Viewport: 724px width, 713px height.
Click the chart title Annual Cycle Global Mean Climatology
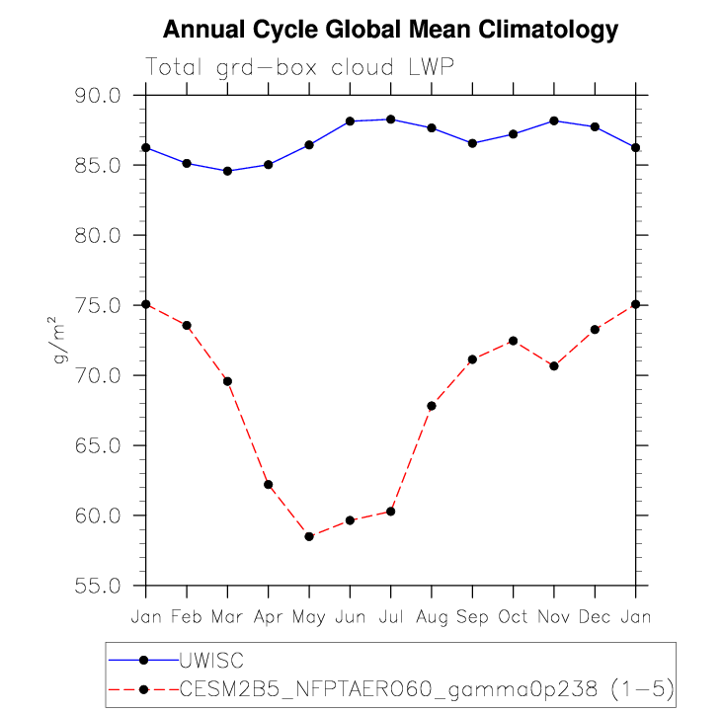pyautogui.click(x=390, y=30)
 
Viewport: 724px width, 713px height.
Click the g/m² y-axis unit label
pyautogui.click(x=61, y=340)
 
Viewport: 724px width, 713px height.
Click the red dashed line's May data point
pyautogui.click(x=309, y=536)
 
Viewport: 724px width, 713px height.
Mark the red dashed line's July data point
pyautogui.click(x=391, y=511)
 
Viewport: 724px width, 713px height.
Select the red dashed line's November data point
pyautogui.click(x=554, y=366)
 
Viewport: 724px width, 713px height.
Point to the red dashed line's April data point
pyautogui.click(x=269, y=484)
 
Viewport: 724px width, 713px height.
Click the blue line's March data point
pyautogui.click(x=227, y=171)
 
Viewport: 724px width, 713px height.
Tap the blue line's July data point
pyautogui.click(x=391, y=119)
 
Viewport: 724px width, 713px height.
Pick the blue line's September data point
pyautogui.click(x=472, y=143)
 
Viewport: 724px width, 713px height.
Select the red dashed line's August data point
pyautogui.click(x=432, y=406)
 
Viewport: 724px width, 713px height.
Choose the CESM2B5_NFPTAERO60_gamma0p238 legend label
pyautogui.click(x=426, y=688)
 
